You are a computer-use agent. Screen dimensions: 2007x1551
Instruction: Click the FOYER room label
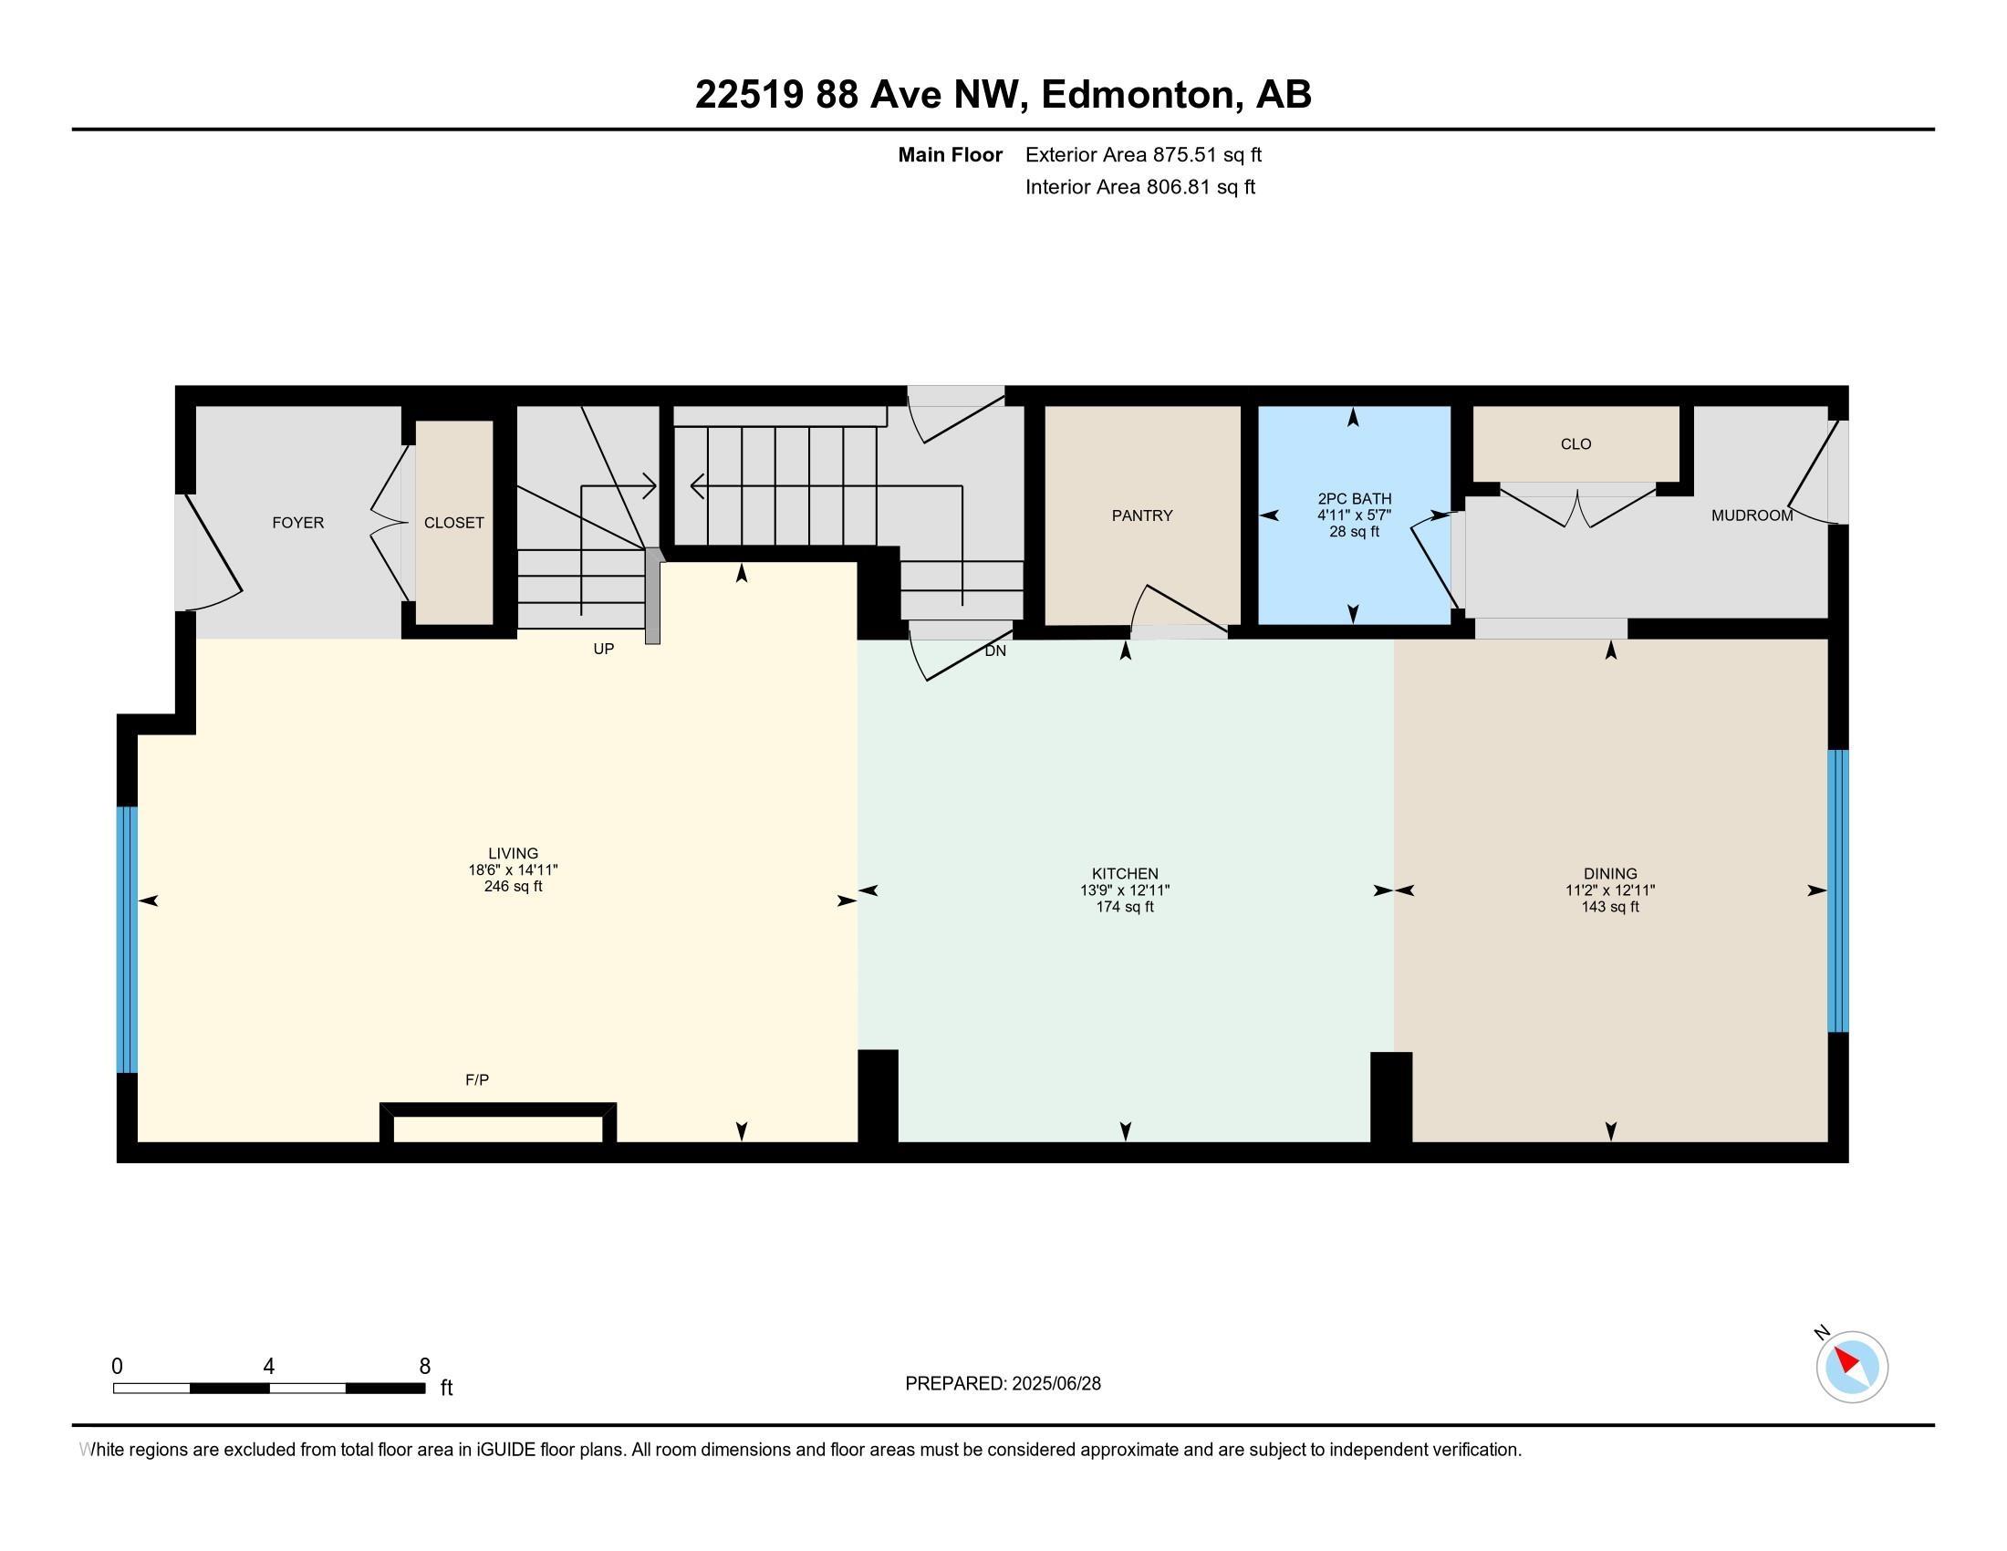coord(297,523)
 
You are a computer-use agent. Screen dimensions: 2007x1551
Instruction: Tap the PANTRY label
coord(1142,515)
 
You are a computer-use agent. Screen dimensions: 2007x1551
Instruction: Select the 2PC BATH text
coord(1355,499)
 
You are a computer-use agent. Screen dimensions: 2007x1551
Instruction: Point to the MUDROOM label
coord(1752,515)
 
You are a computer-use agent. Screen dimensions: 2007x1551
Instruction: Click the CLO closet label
coord(1576,443)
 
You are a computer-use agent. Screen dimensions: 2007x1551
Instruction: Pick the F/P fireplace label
coord(477,1079)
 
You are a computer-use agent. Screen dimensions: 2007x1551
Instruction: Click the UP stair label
coord(604,649)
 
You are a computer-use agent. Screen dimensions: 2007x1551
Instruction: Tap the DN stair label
coord(995,651)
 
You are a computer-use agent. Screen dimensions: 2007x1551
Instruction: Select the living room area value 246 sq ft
coord(513,887)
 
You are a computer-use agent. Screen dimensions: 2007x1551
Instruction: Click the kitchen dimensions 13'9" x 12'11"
coord(1125,890)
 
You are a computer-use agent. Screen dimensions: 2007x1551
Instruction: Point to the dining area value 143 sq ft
coord(1610,907)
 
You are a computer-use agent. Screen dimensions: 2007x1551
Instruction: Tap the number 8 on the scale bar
coord(424,1367)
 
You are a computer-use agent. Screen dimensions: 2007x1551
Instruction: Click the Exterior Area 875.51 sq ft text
coord(1143,154)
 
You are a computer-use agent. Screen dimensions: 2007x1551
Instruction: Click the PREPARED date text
coord(1003,1384)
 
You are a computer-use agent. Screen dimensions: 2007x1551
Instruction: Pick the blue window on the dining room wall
coord(1838,891)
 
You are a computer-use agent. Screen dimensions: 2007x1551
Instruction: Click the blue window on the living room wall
coord(127,939)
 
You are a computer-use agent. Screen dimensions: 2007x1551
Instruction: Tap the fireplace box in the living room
coord(498,1123)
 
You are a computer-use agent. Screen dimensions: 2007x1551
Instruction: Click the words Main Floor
coord(951,154)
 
